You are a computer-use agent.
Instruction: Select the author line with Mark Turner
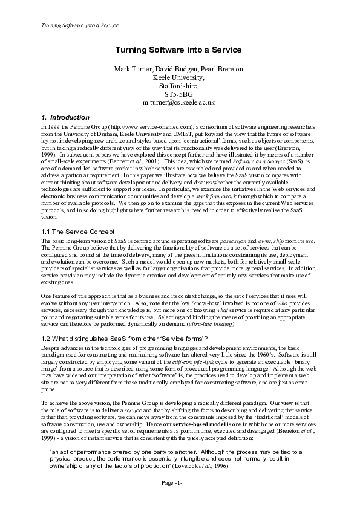[180, 70]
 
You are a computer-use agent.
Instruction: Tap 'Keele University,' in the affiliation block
[180, 78]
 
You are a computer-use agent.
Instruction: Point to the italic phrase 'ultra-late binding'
[214, 325]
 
